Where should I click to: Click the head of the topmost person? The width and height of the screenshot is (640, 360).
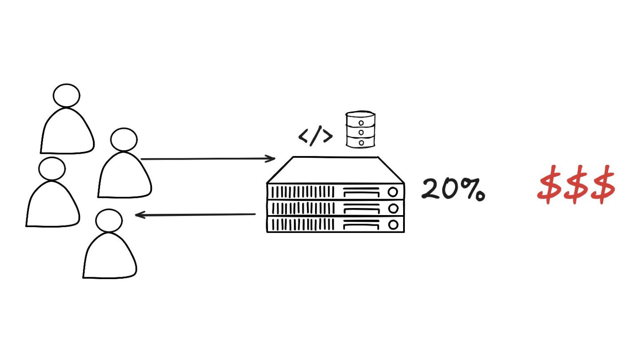(x=66, y=95)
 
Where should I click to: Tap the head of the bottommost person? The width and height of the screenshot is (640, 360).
(x=109, y=220)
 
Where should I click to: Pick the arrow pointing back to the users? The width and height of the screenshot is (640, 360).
(x=196, y=215)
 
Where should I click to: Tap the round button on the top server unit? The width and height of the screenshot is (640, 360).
(x=393, y=192)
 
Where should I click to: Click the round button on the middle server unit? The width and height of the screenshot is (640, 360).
(x=393, y=208)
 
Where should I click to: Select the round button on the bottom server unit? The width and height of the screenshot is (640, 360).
(x=393, y=224)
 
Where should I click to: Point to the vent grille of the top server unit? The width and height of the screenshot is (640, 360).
(x=302, y=192)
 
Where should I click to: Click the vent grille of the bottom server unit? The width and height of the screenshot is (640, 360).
(x=302, y=224)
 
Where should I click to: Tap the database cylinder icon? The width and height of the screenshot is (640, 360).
(x=360, y=129)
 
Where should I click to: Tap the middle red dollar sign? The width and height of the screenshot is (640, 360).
(x=576, y=184)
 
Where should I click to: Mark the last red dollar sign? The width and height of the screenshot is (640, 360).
(x=602, y=184)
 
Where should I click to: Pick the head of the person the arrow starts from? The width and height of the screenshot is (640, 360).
(x=124, y=140)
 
